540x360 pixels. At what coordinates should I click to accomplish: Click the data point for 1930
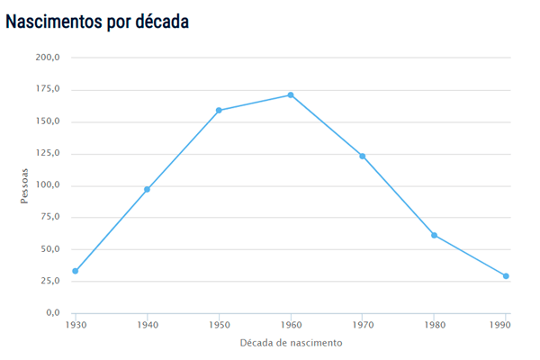coord(76,271)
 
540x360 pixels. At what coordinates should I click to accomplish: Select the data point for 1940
coord(147,189)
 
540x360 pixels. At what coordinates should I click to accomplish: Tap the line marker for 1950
coord(219,111)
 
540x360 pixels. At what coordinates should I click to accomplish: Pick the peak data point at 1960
coord(291,95)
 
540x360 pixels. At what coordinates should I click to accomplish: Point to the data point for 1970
coord(363,156)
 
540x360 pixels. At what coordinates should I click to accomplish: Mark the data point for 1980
coord(435,235)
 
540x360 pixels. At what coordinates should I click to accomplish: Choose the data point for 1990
coord(506,276)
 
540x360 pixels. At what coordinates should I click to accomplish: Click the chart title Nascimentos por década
coord(97,21)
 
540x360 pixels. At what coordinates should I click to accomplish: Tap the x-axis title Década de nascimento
coord(291,343)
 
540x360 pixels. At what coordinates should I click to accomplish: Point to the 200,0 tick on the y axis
coord(48,58)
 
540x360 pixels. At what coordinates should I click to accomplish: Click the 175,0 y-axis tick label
coord(48,89)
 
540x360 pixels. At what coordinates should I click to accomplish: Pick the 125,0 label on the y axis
coord(48,153)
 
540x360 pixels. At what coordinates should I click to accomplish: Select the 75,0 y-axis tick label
coord(49,217)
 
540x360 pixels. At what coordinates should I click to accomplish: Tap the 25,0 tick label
coord(49,281)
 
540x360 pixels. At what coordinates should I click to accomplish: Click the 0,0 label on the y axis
coord(52,313)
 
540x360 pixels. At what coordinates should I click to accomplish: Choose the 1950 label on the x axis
coord(219,323)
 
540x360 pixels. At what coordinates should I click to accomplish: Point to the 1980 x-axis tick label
coord(435,323)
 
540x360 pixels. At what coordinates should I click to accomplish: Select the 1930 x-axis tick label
coord(76,323)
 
